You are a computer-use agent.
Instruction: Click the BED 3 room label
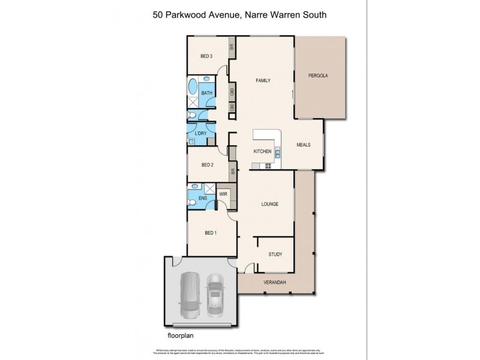[206, 56]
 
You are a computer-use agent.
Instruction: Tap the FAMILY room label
[263, 80]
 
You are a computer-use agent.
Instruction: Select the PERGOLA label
[318, 76]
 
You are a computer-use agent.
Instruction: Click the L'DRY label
[201, 133]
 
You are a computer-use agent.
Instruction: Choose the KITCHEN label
[263, 151]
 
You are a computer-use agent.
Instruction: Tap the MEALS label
[304, 145]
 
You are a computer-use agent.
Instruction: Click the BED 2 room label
[208, 164]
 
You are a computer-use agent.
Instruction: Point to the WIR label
[223, 194]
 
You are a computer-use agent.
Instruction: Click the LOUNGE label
[269, 204]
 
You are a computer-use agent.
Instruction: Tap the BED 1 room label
[211, 233]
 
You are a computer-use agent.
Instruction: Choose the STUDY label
[275, 254]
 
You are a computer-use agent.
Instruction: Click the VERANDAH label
[274, 282]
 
